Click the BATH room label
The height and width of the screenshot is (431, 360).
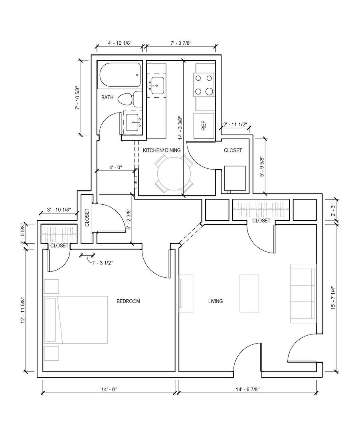point(107,97)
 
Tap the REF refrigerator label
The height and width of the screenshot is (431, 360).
point(204,126)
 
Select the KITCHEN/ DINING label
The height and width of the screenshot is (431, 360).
point(162,150)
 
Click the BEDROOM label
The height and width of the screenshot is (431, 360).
point(128,301)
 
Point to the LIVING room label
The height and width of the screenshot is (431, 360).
point(216,301)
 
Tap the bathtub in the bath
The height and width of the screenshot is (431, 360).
point(120,75)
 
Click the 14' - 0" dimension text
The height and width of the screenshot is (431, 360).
point(109,389)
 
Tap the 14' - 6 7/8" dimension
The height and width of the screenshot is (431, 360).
point(247,389)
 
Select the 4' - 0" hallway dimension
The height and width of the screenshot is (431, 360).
point(115,167)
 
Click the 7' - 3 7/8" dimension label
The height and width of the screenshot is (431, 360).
point(181,43)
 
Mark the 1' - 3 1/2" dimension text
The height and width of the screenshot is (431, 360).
point(102,262)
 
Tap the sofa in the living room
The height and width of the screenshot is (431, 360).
point(303,294)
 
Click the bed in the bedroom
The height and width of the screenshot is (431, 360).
point(76,320)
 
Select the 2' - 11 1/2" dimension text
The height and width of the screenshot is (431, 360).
point(235,124)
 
